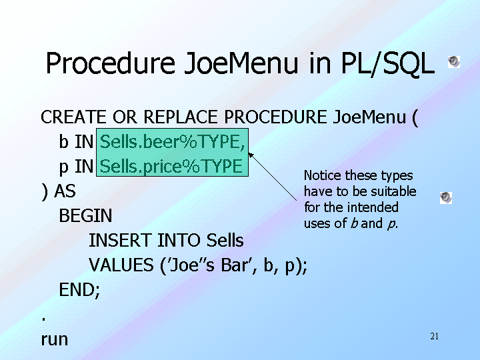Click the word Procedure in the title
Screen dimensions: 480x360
pyautogui.click(x=111, y=63)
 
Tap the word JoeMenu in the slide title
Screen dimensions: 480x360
pyautogui.click(x=241, y=63)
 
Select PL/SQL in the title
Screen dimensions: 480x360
pyautogui.click(x=387, y=63)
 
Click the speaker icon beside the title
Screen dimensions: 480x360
pyautogui.click(x=454, y=62)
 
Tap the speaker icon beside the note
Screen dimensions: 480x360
pyautogui.click(x=446, y=198)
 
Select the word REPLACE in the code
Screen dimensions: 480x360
pyautogui.click(x=181, y=117)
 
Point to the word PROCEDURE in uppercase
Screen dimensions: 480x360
pyautogui.click(x=275, y=117)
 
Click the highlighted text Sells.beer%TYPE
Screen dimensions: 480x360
pyautogui.click(x=173, y=142)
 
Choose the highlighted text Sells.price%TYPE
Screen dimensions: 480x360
pyautogui.click(x=171, y=167)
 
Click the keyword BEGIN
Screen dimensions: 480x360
pyautogui.click(x=85, y=215)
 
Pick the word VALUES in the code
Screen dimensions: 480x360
pyautogui.click(x=121, y=265)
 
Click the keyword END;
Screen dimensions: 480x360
pyautogui.click(x=79, y=290)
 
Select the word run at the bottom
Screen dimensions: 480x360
pyautogui.click(x=55, y=340)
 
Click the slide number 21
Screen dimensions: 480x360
pyautogui.click(x=435, y=337)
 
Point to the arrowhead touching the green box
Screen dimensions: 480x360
pyautogui.click(x=251, y=155)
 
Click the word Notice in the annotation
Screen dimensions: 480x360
pyautogui.click(x=323, y=175)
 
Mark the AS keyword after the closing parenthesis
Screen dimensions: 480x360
pyautogui.click(x=65, y=191)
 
